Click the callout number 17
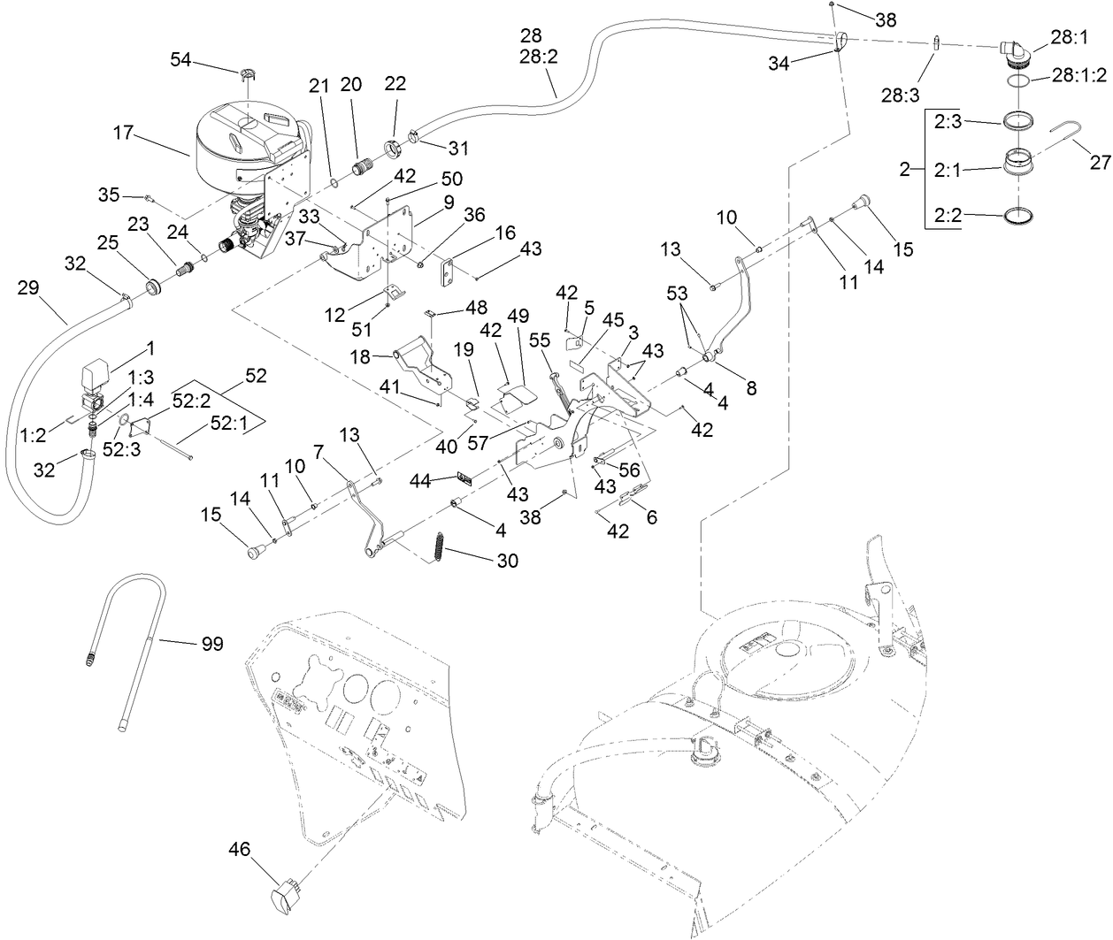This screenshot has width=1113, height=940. click(x=125, y=133)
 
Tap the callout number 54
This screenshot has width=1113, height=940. click(x=181, y=58)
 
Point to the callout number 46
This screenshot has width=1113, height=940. click(x=239, y=850)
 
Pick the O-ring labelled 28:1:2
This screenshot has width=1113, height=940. click(x=1017, y=80)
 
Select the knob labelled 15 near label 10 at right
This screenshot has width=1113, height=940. click(x=862, y=204)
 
